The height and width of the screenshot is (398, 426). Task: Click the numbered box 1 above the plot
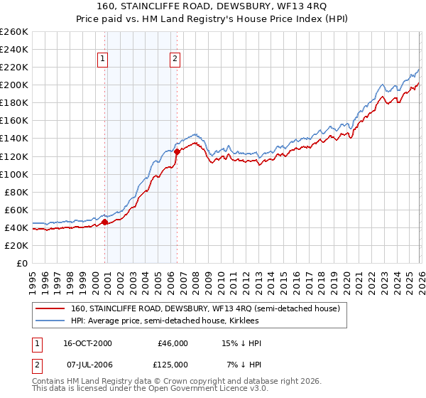click(104, 60)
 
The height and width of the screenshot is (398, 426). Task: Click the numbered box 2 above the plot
click(174, 60)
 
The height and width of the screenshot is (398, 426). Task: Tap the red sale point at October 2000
click(105, 222)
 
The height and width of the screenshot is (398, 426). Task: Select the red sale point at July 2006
click(177, 151)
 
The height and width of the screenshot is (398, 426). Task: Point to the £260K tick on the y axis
click(14, 32)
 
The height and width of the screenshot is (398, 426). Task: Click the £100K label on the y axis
click(14, 174)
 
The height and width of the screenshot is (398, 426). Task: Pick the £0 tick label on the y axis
click(21, 263)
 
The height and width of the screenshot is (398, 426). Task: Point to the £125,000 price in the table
click(173, 365)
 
